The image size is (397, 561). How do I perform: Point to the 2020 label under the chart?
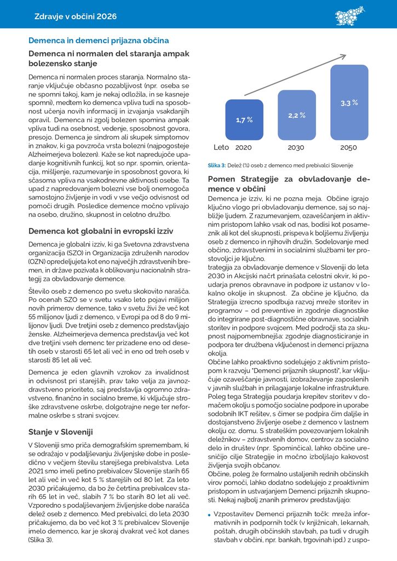coord(244,148)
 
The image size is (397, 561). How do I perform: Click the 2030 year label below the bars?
coord(296,148)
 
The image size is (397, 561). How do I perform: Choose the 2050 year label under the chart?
coord(349,148)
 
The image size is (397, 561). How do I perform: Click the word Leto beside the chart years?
coord(221,148)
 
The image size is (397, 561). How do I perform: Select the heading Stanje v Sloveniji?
coord(61,432)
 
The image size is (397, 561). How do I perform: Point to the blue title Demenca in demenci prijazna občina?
coord(99,41)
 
